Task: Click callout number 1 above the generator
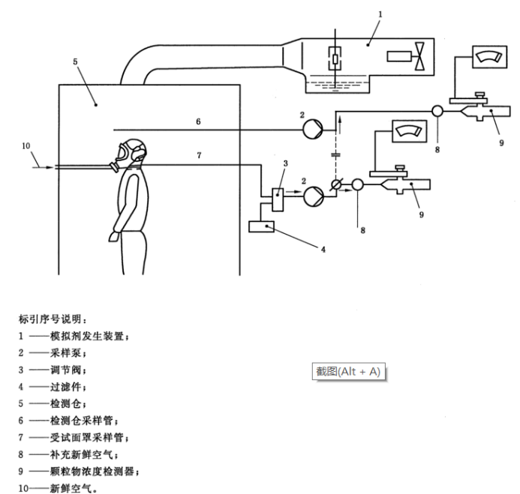tap(380, 13)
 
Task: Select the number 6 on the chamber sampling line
tap(197, 121)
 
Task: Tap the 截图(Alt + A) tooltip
tap(348, 372)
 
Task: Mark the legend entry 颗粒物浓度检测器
tap(94, 472)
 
